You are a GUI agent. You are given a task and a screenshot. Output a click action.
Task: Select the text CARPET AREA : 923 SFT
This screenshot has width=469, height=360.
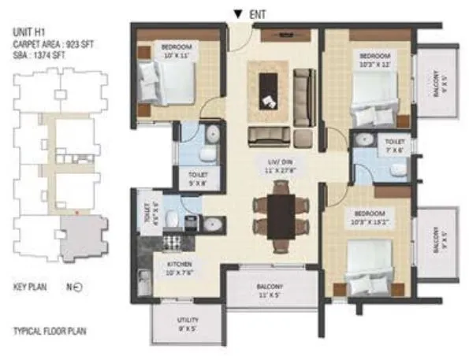point(54,45)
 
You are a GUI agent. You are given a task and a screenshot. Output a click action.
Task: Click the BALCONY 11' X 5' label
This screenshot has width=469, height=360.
point(270,291)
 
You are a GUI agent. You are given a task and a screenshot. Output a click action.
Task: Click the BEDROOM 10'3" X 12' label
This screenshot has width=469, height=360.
point(374,60)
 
